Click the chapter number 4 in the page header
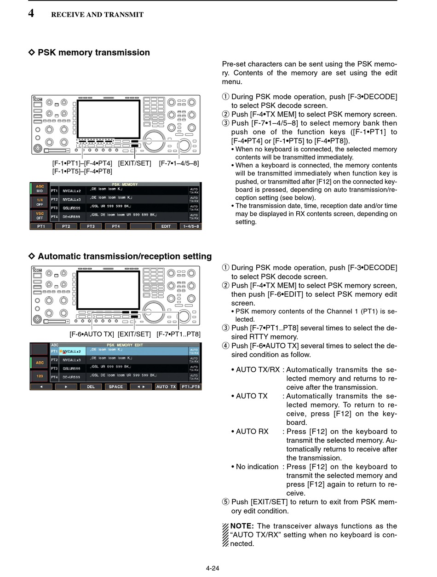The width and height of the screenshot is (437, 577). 31,13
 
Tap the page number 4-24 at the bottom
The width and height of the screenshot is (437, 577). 213,568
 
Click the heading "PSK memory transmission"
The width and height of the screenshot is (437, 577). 93,52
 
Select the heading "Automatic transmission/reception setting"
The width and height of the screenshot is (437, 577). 124,256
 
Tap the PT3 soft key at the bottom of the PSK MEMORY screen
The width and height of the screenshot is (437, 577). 91,226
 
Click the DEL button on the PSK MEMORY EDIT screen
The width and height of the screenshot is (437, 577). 91,387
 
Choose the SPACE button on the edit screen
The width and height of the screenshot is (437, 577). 116,387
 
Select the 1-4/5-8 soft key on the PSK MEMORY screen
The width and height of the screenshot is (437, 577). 191,226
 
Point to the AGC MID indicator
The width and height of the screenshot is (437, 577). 40,189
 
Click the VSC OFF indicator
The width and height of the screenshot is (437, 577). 40,215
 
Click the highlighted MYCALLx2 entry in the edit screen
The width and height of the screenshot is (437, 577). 72,352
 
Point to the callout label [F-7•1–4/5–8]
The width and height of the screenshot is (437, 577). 179,163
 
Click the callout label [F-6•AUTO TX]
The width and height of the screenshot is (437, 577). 92,334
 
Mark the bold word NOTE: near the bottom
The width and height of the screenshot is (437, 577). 242,526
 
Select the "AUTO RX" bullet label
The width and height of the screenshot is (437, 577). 252,432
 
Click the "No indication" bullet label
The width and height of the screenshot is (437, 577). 257,467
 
